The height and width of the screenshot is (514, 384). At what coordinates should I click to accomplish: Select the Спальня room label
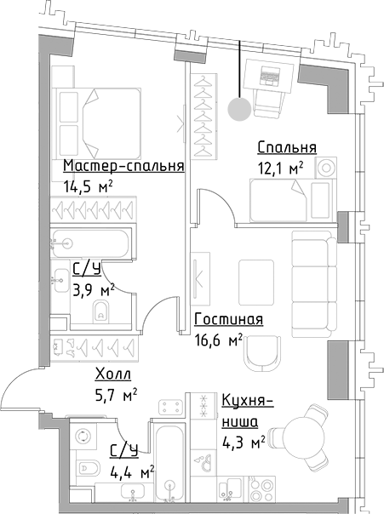[287, 147]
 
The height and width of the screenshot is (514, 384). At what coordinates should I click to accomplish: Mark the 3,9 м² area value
[94, 291]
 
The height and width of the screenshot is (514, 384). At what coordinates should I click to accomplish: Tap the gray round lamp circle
[240, 108]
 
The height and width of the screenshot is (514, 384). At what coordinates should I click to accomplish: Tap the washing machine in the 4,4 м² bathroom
[84, 437]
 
